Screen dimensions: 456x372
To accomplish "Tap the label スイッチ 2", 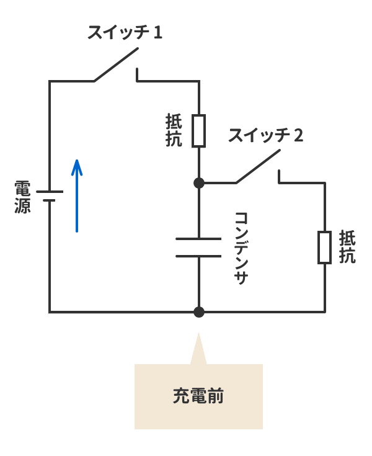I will tap(265, 135).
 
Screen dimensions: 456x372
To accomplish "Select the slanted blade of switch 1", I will tap(115, 68).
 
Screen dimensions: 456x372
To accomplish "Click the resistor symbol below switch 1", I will tap(198, 130).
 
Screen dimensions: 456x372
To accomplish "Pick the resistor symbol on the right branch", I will tap(324, 248).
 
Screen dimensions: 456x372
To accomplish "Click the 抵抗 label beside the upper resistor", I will tap(174, 130).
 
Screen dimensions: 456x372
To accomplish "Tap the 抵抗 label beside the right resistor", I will tap(347, 247).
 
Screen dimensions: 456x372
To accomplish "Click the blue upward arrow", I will tap(76, 195).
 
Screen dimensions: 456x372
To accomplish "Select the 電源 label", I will tap(22, 197).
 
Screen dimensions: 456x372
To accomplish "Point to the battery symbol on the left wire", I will tap(50, 197).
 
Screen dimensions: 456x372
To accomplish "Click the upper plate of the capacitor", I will tap(198, 239).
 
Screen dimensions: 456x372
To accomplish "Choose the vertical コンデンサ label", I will tap(241, 248).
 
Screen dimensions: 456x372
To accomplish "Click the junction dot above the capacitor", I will tap(198, 183).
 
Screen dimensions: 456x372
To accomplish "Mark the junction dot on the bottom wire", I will tap(198, 311).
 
